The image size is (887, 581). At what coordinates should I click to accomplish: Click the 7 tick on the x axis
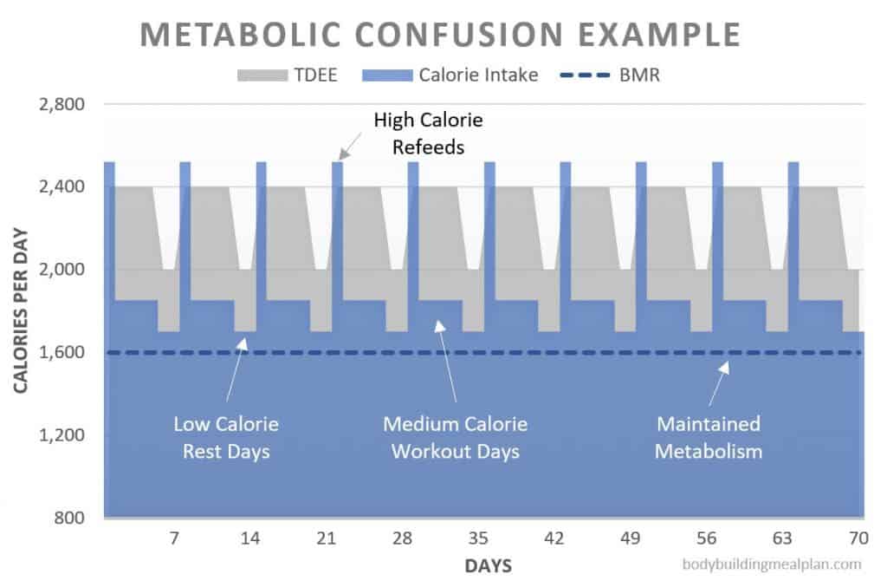tap(174, 539)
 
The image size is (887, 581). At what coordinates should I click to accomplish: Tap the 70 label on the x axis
tap(858, 539)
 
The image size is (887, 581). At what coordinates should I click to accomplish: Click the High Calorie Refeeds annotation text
tap(428, 134)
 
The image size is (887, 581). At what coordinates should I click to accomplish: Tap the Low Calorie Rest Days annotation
tap(226, 438)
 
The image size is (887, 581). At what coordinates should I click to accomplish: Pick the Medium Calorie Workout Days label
tap(455, 438)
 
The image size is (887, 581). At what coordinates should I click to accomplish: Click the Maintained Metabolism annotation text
tap(708, 438)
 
